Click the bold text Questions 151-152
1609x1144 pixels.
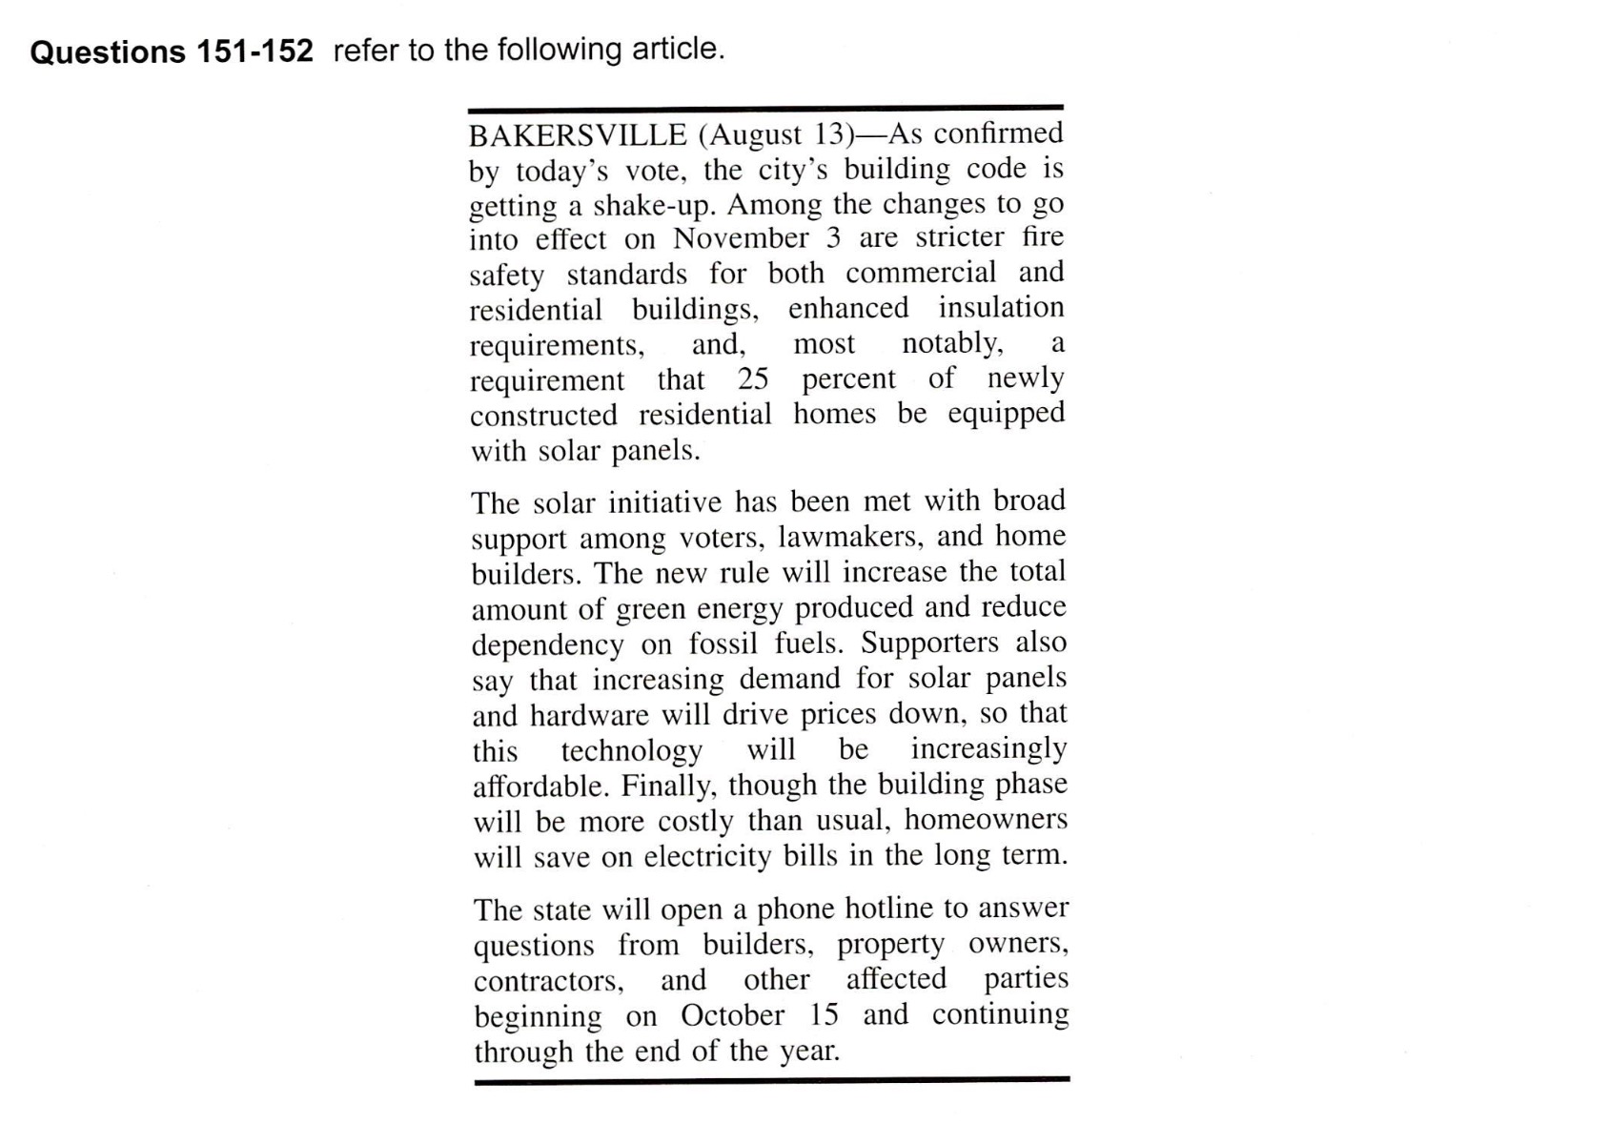[x=172, y=51]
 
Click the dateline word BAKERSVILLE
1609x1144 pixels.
[x=577, y=134]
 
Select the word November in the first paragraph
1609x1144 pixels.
[x=741, y=238]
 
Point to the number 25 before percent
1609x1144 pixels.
[x=752, y=379]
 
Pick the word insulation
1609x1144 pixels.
[x=1001, y=308]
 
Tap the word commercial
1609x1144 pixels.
[x=921, y=273]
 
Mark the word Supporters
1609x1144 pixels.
[x=930, y=643]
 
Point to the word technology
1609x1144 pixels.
[x=631, y=750]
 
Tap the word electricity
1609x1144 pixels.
[x=707, y=856]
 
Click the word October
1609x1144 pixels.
[x=732, y=1015]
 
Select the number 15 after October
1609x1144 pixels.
[x=824, y=1015]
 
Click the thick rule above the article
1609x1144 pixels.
[x=764, y=108]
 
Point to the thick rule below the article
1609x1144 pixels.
[x=771, y=1080]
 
